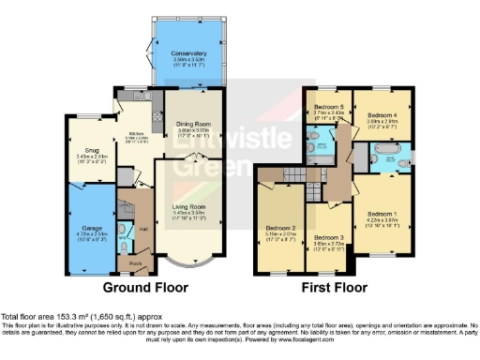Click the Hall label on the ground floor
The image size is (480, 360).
pyautogui.click(x=144, y=229)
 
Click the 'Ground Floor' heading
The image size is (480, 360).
pyautogui.click(x=144, y=287)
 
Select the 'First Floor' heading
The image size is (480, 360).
pyautogui.click(x=334, y=287)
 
